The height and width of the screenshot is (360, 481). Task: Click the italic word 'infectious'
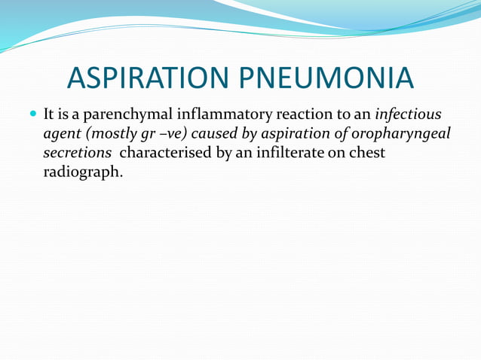pyautogui.click(x=408, y=116)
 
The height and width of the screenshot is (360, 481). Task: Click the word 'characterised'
pyautogui.click(x=166, y=153)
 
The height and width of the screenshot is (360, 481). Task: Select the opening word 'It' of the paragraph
pyautogui.click(x=50, y=116)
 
